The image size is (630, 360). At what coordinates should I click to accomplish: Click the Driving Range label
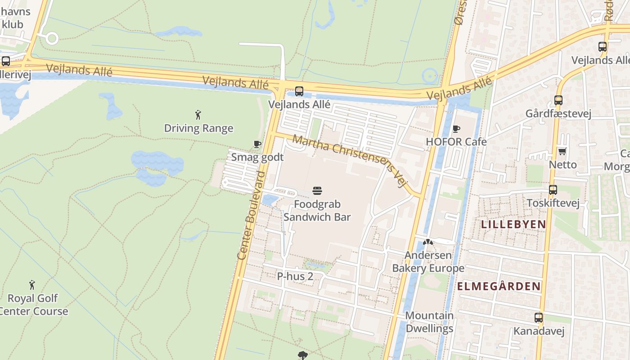(198, 128)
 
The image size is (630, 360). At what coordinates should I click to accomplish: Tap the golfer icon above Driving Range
(198, 115)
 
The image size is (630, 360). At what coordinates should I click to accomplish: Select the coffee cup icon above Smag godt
(257, 144)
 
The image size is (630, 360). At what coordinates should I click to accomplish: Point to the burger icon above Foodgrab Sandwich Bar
(317, 191)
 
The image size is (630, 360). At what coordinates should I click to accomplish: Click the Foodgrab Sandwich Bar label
(317, 211)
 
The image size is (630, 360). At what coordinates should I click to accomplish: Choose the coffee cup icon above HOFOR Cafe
(456, 129)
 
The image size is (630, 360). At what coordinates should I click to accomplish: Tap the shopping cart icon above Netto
(562, 151)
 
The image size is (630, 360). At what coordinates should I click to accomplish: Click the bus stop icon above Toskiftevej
(553, 190)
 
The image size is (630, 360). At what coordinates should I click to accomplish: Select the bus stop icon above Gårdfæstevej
(558, 100)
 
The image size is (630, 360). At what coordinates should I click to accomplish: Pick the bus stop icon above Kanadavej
(539, 318)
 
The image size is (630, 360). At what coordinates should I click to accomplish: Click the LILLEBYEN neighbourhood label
(513, 224)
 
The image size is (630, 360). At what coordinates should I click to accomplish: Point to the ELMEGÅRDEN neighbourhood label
(499, 286)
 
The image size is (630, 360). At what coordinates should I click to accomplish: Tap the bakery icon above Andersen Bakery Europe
(428, 243)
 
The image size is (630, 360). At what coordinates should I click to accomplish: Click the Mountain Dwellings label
(429, 322)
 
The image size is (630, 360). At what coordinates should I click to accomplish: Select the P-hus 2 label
(295, 276)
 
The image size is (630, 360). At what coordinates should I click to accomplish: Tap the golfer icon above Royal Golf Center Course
(32, 285)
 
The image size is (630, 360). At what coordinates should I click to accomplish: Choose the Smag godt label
(257, 157)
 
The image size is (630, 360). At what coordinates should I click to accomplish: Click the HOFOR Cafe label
(456, 142)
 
